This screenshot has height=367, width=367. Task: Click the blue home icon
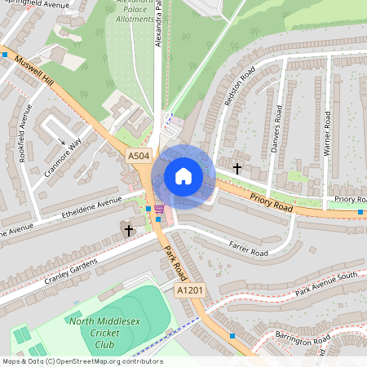183,175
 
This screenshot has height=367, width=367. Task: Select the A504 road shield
139,155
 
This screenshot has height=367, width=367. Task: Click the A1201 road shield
189,290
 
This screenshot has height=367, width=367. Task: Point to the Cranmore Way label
64,150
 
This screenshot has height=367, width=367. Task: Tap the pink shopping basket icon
158,210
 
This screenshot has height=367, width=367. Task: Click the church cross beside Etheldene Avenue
128,231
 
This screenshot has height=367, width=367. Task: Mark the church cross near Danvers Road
237,168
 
